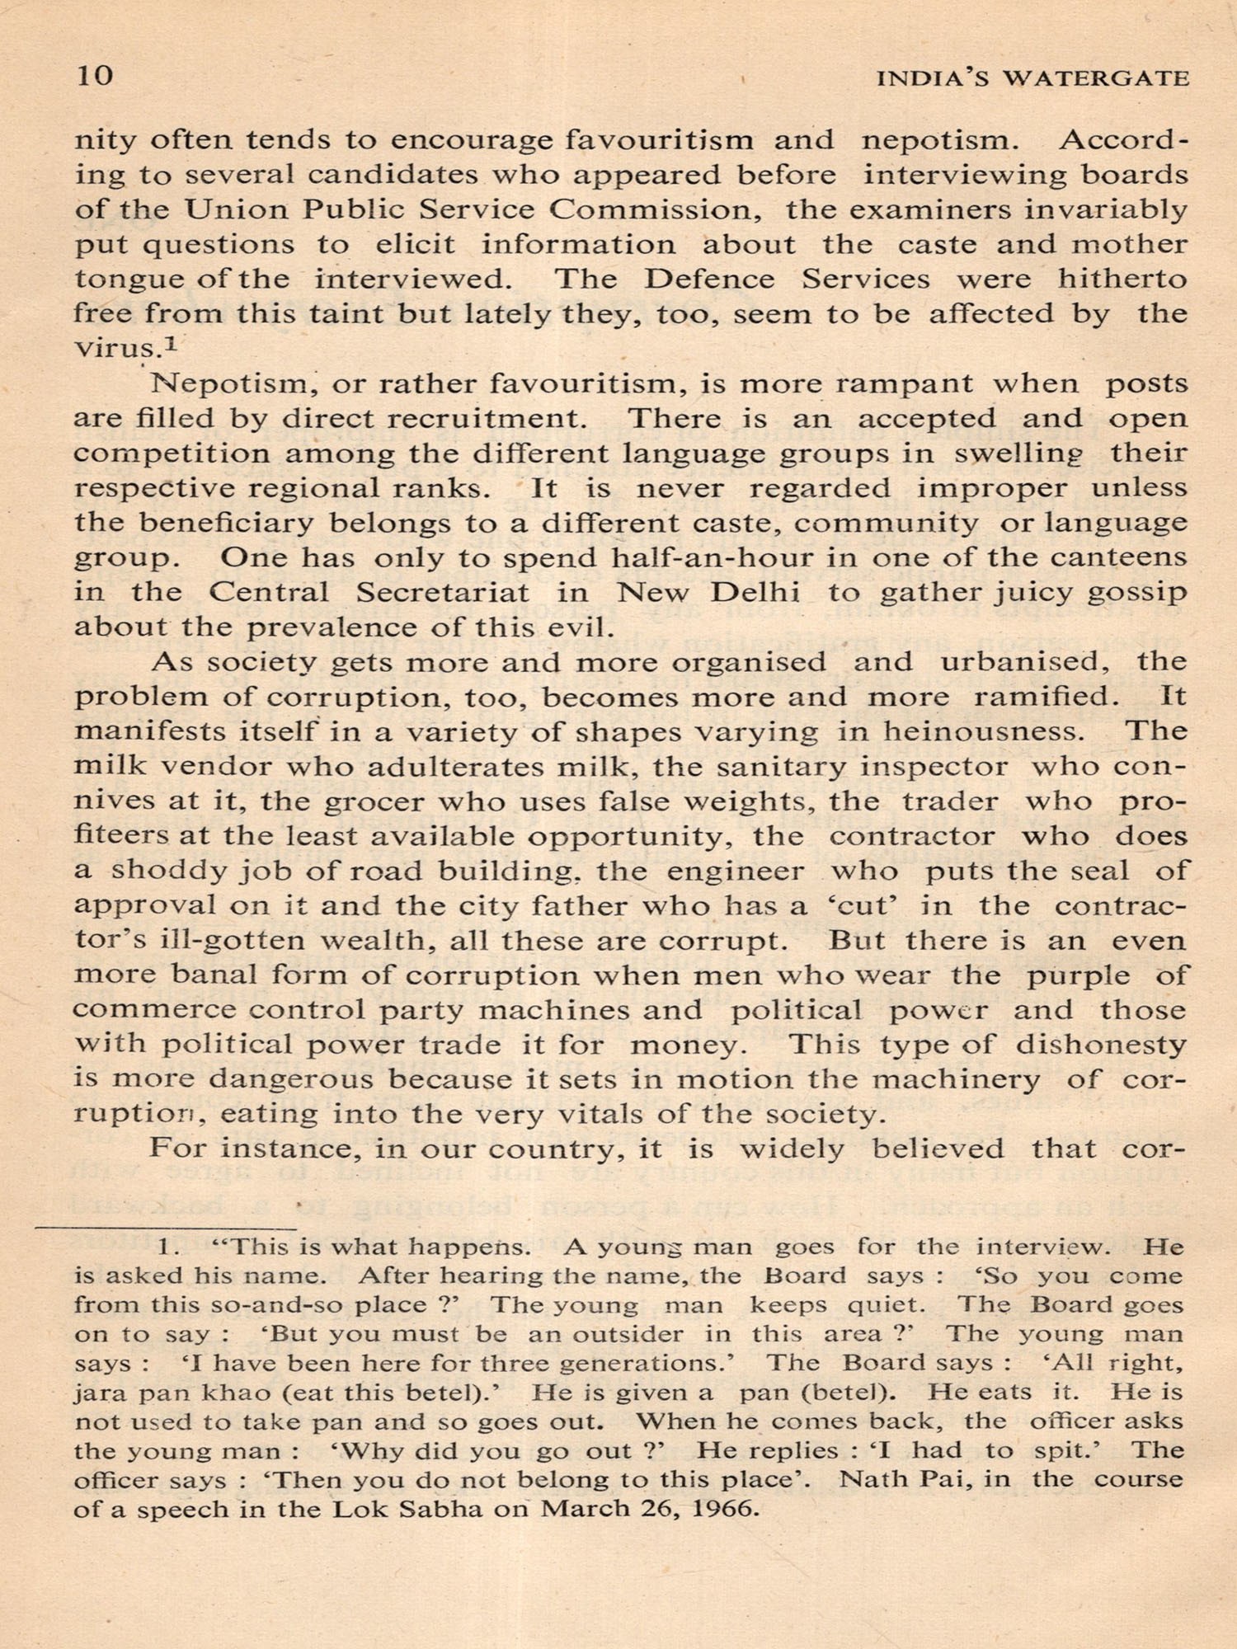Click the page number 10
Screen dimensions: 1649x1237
[x=94, y=77]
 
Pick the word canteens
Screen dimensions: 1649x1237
[x=1118, y=557]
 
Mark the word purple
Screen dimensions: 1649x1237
[x=1078, y=975]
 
